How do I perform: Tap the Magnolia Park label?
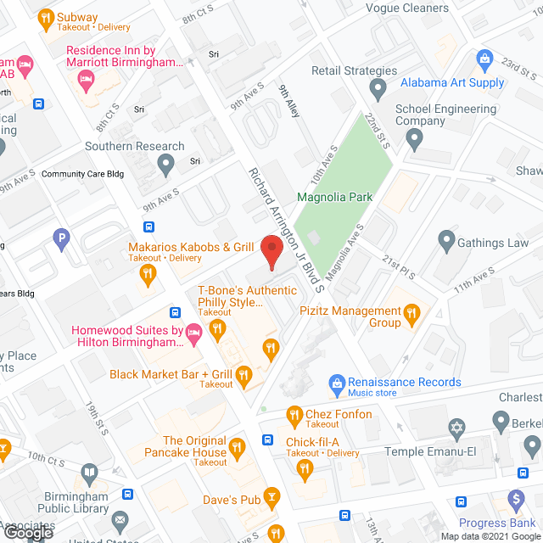click(x=334, y=198)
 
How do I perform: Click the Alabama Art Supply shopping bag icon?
click(x=484, y=59)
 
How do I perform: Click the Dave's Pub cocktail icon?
click(x=271, y=495)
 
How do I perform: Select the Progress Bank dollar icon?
click(x=514, y=501)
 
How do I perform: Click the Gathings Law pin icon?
click(x=446, y=243)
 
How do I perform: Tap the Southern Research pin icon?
click(x=167, y=161)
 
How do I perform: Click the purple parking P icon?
click(x=61, y=241)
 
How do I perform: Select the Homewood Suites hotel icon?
click(x=193, y=331)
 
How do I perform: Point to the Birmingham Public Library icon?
click(x=89, y=473)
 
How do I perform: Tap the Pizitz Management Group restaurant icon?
click(x=412, y=316)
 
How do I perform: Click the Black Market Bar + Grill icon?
click(x=244, y=374)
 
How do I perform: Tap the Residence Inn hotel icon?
click(x=85, y=79)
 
